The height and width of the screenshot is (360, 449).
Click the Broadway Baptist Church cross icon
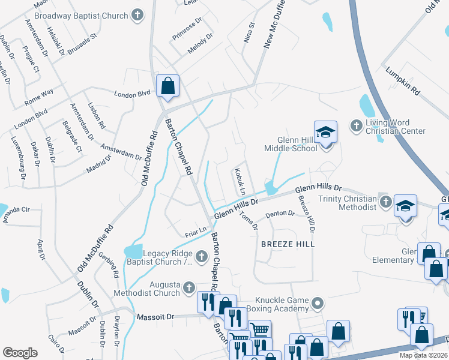137,16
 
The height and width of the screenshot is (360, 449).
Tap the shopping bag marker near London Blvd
168,86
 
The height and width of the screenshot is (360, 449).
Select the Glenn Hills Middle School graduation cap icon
325,132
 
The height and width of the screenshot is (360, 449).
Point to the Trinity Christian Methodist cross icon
385,203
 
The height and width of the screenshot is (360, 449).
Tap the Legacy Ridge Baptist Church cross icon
201,257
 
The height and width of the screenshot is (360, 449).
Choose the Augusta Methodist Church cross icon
189,288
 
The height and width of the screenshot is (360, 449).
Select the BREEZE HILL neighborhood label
288,245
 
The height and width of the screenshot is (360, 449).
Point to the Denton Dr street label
280,213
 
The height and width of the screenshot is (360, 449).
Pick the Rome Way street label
39,97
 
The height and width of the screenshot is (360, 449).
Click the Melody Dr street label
200,46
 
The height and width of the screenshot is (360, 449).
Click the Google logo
20,352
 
